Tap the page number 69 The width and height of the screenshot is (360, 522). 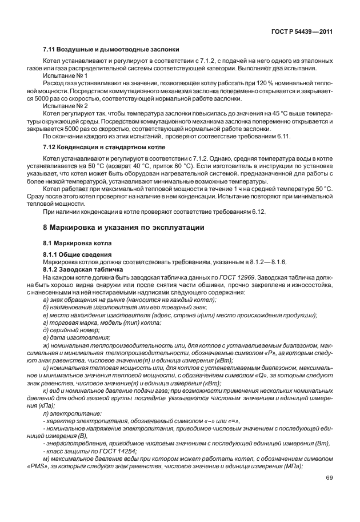pos(329,477)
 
